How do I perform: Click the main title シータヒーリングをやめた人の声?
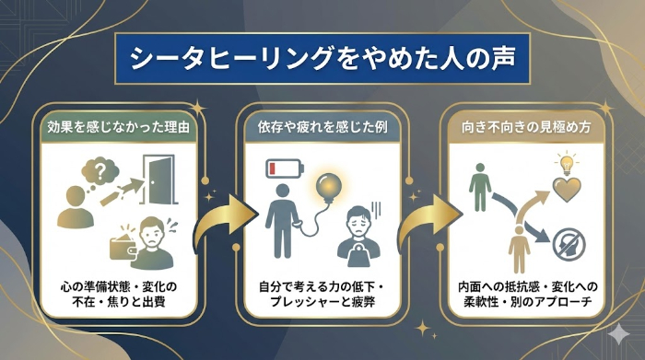pyautogui.click(x=322, y=59)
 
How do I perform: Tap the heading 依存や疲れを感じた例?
pyautogui.click(x=322, y=127)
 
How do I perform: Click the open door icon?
pyautogui.click(x=157, y=182)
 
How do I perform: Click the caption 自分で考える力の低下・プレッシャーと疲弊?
pyautogui.click(x=322, y=293)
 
